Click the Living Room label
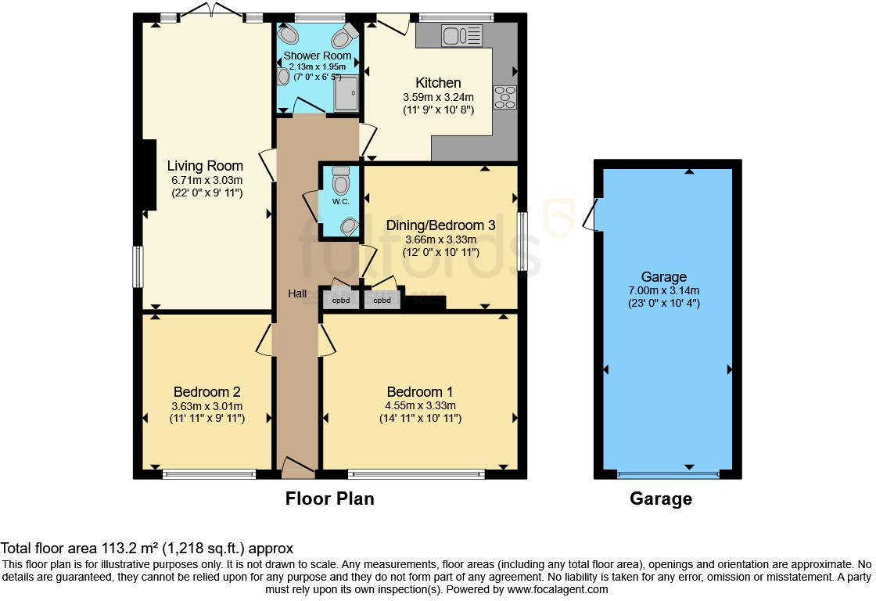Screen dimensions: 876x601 [x=205, y=166]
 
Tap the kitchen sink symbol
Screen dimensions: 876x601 [x=461, y=36]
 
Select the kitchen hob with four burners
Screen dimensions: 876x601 [x=504, y=97]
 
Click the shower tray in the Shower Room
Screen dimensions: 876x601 [x=346, y=93]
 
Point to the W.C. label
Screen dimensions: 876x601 [x=341, y=201]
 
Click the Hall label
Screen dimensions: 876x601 [x=297, y=293]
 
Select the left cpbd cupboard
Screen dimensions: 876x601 [x=341, y=300]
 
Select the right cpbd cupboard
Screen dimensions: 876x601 [x=382, y=300]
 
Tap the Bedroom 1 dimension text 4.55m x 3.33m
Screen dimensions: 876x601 [x=420, y=405]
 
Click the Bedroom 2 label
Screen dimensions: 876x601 [x=206, y=392]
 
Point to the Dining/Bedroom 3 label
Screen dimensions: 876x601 [x=441, y=225]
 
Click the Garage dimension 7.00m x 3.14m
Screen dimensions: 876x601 [x=664, y=290]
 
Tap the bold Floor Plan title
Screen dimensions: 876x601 [x=329, y=498]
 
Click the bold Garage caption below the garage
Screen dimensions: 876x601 [x=661, y=498]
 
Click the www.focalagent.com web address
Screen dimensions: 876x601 [x=557, y=589]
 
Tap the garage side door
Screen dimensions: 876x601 [x=591, y=214]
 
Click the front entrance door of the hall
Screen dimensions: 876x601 [x=299, y=469]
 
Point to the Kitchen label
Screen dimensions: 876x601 [x=438, y=83]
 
